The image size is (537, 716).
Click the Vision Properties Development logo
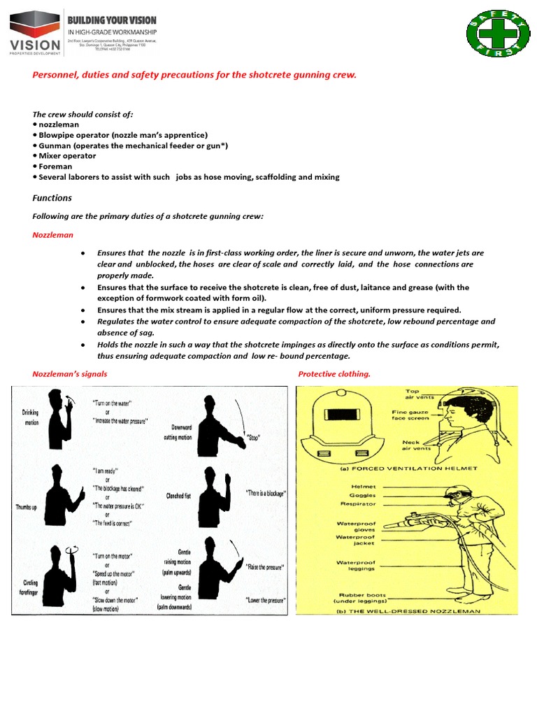pos(34,33)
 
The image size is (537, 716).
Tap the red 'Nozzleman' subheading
pos(52,235)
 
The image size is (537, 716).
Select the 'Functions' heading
pos(52,198)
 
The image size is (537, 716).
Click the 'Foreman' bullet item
pos(55,166)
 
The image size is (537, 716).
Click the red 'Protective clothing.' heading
pos(334,374)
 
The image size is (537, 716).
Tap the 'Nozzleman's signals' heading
pos(70,374)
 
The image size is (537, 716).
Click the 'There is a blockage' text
pos(266,493)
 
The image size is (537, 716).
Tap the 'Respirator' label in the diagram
pos(358,503)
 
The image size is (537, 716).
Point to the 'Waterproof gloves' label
pos(357,526)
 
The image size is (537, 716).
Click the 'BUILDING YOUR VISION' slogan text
pos(112,20)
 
